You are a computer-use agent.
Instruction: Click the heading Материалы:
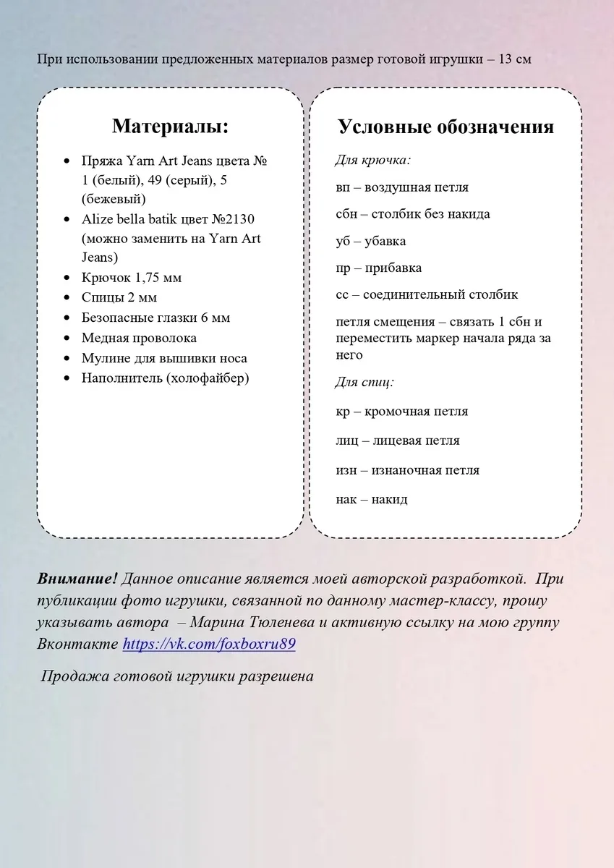(170, 126)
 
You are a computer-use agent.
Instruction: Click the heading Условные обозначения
(445, 127)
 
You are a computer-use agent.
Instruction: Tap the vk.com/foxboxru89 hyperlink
(209, 644)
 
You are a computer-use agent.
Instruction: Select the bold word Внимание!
(77, 579)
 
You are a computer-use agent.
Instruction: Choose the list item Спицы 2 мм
(119, 297)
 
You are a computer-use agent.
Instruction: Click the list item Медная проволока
(139, 338)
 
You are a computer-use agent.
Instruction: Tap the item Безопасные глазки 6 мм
(155, 318)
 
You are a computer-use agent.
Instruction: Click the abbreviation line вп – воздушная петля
(402, 187)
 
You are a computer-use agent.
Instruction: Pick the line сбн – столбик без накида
(413, 214)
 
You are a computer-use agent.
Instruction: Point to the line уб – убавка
(371, 241)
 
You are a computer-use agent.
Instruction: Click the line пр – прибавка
(379, 268)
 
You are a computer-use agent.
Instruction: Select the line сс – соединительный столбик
(427, 295)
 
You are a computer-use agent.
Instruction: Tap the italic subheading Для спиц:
(364, 382)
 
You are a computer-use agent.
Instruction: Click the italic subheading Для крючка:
(373, 160)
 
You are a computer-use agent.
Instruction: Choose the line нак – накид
(372, 499)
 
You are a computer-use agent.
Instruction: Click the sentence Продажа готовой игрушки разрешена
(177, 677)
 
